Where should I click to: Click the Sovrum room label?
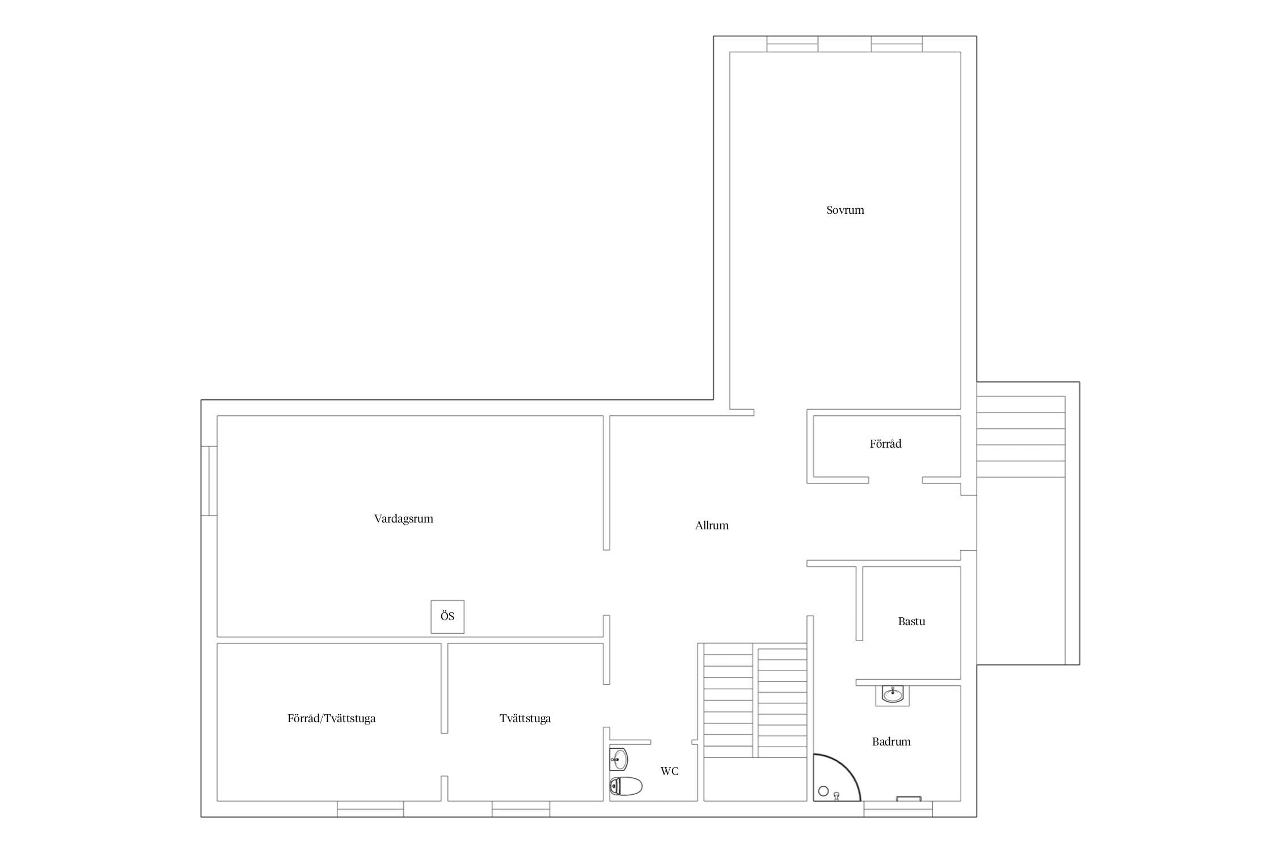(x=845, y=210)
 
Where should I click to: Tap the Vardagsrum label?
(x=403, y=519)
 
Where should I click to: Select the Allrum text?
(x=712, y=525)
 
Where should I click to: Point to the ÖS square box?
(x=447, y=617)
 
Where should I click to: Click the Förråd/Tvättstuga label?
(x=331, y=718)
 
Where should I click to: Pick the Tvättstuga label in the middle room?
(x=525, y=718)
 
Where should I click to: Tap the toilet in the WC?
(x=626, y=786)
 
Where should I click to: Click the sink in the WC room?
(x=619, y=759)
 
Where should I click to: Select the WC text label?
(x=669, y=771)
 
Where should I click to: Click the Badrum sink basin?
(x=893, y=694)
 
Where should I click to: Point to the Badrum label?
(x=891, y=742)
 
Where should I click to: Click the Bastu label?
(x=911, y=621)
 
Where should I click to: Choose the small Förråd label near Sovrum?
(x=885, y=444)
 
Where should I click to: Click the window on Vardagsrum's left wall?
(x=209, y=481)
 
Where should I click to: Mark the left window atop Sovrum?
(x=792, y=44)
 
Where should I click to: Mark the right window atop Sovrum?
(x=897, y=44)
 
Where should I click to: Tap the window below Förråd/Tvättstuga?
(x=370, y=809)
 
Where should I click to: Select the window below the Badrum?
(x=898, y=809)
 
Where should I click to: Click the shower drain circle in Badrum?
(x=823, y=791)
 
